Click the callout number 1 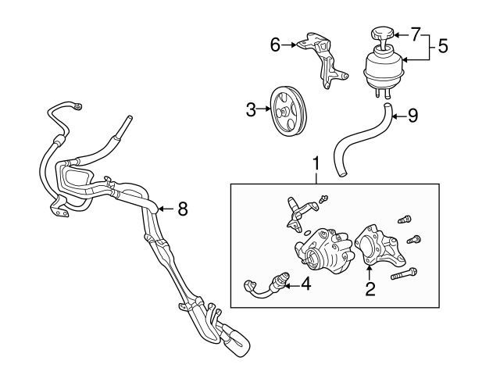316,164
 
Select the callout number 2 371,290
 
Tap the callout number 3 252,110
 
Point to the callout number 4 306,285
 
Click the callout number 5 442,46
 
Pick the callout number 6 275,45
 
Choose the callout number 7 416,34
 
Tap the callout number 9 413,116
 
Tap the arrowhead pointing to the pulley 266,110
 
